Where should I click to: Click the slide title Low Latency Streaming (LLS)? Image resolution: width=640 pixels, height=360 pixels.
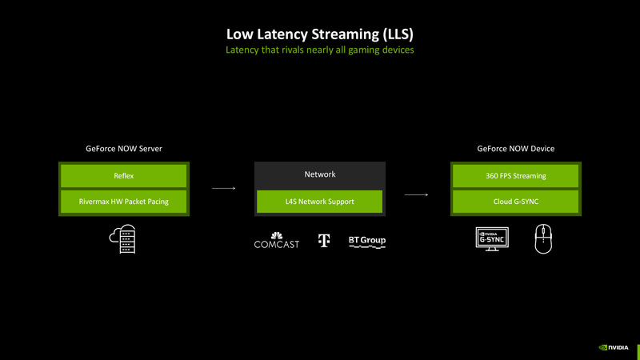pos(320,34)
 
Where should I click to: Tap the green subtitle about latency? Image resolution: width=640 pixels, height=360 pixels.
pos(320,50)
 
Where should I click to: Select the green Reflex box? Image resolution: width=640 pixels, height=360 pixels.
pos(123,176)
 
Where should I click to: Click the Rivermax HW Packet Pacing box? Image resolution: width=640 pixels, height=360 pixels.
pos(123,202)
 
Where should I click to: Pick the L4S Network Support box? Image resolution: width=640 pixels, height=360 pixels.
pos(319,202)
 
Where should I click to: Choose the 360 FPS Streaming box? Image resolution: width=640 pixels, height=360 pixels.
pos(515,176)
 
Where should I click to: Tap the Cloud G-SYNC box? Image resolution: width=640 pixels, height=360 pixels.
pos(515,202)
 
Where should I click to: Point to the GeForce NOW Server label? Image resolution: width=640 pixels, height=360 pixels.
pos(124,149)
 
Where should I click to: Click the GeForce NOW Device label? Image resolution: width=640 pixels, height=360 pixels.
pos(516,149)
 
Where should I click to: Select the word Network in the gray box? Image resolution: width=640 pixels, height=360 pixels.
pos(320,174)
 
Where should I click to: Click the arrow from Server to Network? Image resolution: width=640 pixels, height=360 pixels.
pos(224,189)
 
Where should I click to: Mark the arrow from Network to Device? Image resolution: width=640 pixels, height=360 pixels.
pos(416,194)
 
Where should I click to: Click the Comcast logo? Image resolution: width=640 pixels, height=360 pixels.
pos(276,240)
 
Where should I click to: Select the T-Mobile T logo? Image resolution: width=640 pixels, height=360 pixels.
pos(324,240)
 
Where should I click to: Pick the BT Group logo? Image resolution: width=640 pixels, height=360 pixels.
pos(367,240)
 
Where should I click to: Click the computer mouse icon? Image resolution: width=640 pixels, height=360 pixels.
pos(543,239)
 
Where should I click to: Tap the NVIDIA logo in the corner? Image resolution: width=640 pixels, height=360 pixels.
pos(614,348)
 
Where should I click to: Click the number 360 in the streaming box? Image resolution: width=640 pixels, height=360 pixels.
pos(492,176)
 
